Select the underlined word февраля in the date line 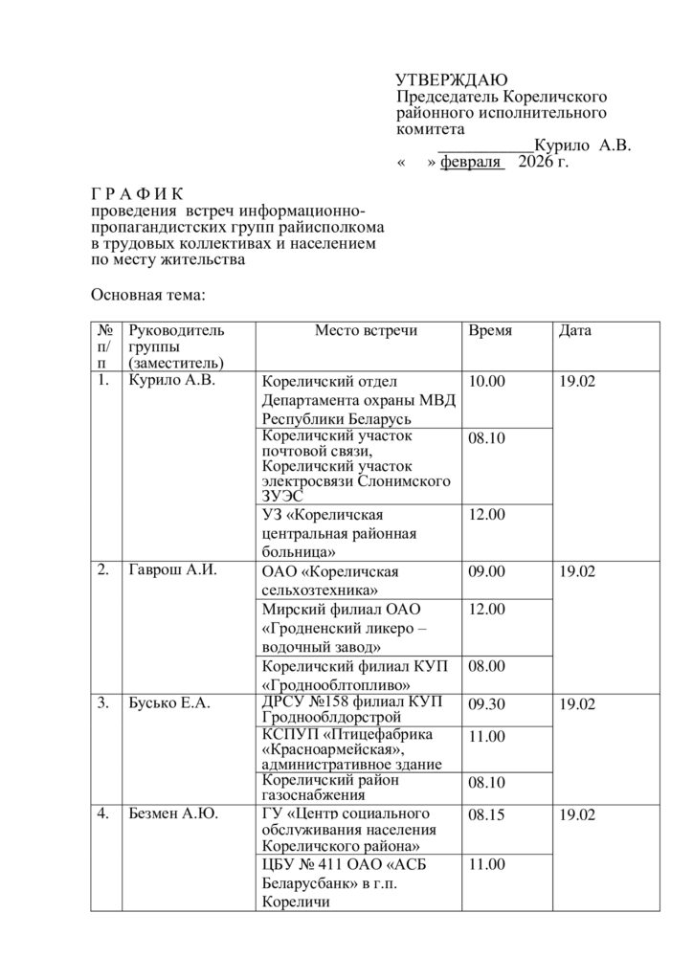click(x=471, y=162)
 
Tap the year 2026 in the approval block click(x=535, y=162)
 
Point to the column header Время click(x=490, y=331)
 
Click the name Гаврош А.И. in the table click(x=172, y=571)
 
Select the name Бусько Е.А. click(x=169, y=704)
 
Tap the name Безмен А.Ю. click(x=172, y=815)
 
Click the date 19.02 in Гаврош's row click(x=577, y=572)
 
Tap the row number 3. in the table click(x=102, y=704)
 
